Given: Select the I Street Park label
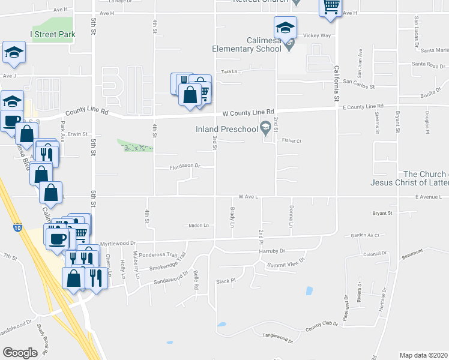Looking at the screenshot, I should tap(53, 34).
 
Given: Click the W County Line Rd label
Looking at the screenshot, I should tap(248, 113).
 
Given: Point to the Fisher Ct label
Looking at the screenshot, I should tap(291, 141).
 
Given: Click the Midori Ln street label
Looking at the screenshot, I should tap(198, 226).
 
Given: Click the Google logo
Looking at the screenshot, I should tap(20, 353).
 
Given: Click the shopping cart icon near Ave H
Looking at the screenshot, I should tap(331, 7).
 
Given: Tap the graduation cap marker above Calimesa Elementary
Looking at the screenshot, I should tap(285, 28).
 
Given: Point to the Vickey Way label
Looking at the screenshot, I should tap(317, 36).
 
